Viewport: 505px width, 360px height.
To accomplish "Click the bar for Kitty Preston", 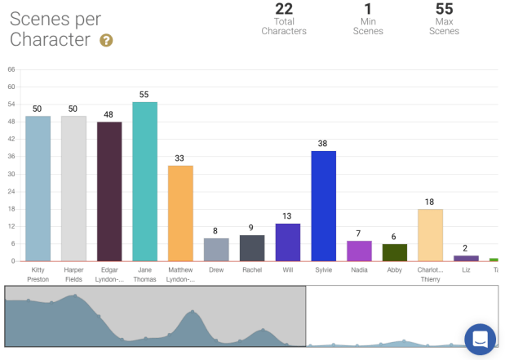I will tap(38, 189).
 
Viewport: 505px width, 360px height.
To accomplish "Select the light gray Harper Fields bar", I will tap(73, 189).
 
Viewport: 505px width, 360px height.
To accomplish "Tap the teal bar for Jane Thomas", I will tap(144, 181).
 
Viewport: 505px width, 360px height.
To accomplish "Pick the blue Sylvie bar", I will tap(323, 206).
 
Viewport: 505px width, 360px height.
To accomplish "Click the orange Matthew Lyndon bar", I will tap(180, 213).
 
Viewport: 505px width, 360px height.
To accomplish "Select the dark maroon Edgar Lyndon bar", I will tap(109, 191).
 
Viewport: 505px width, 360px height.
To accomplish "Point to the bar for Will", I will tap(287, 242).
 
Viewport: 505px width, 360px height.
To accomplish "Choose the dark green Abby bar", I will tap(395, 252).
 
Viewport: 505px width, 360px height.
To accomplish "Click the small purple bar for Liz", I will tap(466, 258).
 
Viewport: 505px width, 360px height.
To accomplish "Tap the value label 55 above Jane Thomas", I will tap(144, 95).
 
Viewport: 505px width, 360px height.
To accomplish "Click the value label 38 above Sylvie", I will tap(323, 144).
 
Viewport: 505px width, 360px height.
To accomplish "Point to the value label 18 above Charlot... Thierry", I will tap(430, 202).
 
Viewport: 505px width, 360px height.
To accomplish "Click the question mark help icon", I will tap(106, 40).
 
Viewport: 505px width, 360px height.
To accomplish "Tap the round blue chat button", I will tap(480, 339).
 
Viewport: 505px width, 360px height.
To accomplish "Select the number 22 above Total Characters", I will tap(284, 9).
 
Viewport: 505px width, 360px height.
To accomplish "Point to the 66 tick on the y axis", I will tap(11, 69).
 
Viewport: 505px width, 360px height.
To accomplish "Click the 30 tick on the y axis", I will tap(11, 174).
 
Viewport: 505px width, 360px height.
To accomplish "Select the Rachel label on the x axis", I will tap(252, 269).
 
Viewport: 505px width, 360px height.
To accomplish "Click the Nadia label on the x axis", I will tap(359, 269).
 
